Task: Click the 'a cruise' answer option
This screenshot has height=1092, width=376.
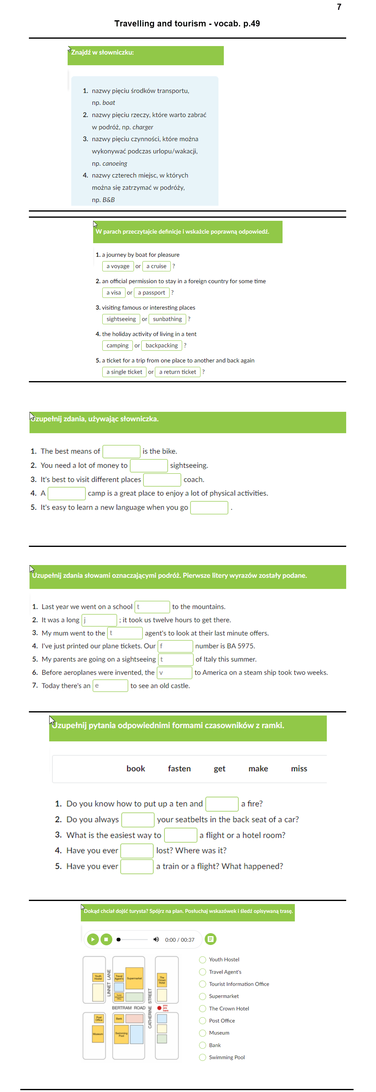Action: click(x=156, y=266)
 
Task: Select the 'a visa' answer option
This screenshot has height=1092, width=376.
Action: click(x=113, y=292)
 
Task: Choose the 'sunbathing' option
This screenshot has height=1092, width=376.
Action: click(x=167, y=319)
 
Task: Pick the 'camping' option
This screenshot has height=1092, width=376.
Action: click(x=117, y=345)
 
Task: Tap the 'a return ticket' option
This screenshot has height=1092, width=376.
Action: click(x=177, y=372)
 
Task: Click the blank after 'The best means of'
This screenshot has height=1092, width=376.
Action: click(x=121, y=451)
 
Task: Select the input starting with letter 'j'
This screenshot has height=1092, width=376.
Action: click(x=99, y=620)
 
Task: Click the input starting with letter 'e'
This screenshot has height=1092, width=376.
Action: click(x=110, y=685)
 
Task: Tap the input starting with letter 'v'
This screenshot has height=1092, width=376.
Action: click(x=174, y=672)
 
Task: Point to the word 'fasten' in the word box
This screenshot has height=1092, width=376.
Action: click(x=179, y=769)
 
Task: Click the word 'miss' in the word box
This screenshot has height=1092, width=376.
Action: click(x=299, y=769)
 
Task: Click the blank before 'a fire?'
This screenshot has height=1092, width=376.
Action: click(x=222, y=804)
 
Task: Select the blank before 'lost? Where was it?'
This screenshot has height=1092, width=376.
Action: click(x=137, y=850)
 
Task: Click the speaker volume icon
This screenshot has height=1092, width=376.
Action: click(x=156, y=939)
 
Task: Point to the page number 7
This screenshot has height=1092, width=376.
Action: click(x=339, y=7)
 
